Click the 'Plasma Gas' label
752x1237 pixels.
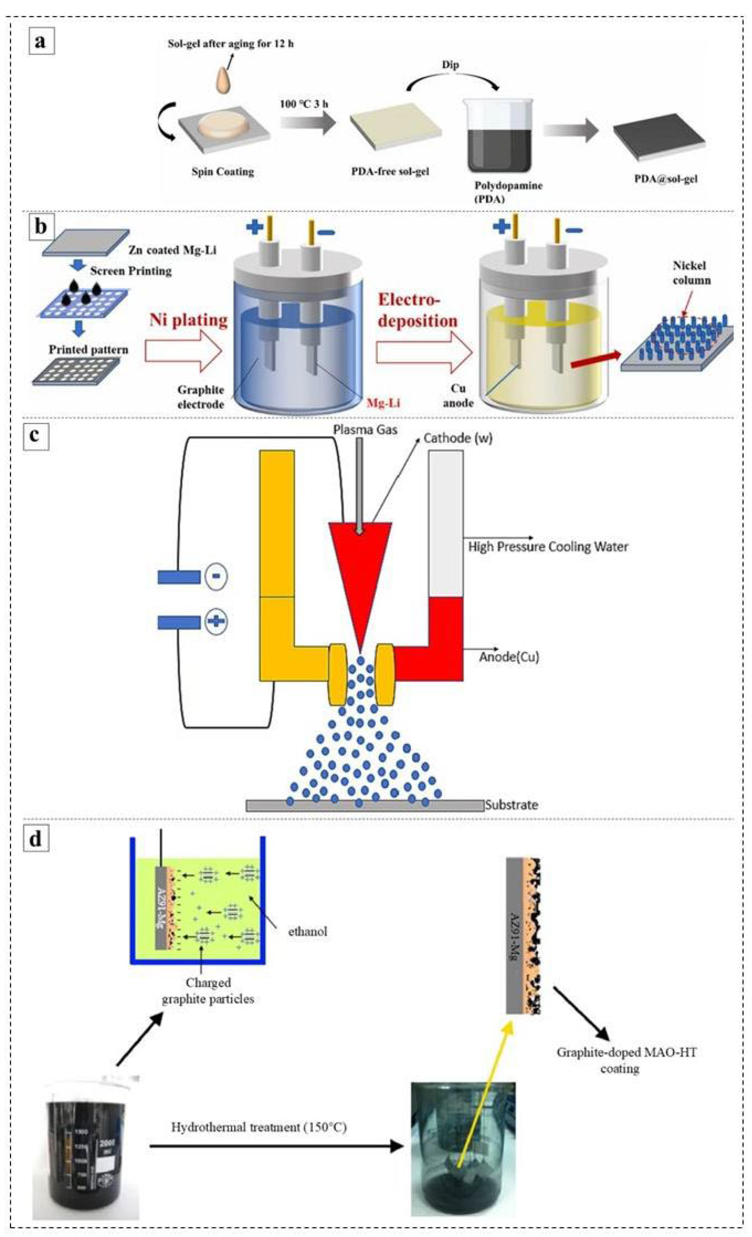365,430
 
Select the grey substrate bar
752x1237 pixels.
365,806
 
